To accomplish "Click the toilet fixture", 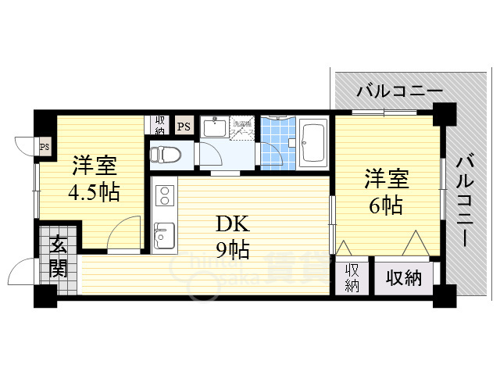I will pyautogui.click(x=166, y=152).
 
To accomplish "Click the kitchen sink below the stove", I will pyautogui.click(x=164, y=234).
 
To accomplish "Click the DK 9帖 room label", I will pyautogui.click(x=233, y=237).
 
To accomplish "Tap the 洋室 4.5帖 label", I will pyautogui.click(x=94, y=179).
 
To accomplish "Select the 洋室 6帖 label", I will pyautogui.click(x=385, y=192).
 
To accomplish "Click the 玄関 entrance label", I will pyautogui.click(x=59, y=257).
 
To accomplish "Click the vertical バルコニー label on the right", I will pyautogui.click(x=464, y=200).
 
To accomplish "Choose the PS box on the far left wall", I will pyautogui.click(x=45, y=145).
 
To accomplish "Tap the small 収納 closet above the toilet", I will pyautogui.click(x=159, y=124).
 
